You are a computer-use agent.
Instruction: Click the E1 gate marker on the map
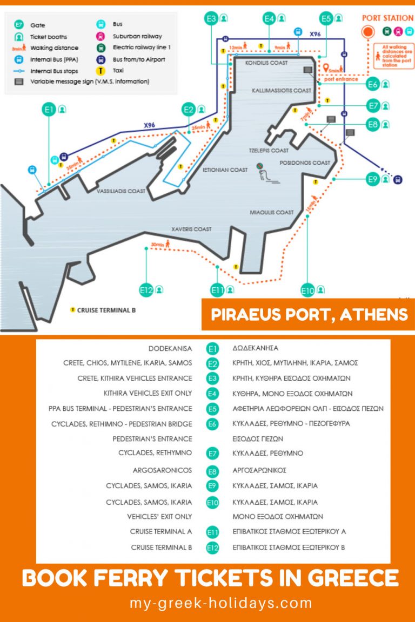pyautogui.click(x=49, y=110)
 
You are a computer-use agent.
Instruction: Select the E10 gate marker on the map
pyautogui.click(x=307, y=290)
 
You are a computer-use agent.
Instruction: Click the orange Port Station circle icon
pyautogui.click(x=368, y=31)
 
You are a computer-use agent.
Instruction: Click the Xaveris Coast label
pyautogui.click(x=191, y=229)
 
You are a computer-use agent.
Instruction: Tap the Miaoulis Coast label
pyautogui.click(x=272, y=212)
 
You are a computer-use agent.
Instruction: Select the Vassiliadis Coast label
pyautogui.click(x=121, y=191)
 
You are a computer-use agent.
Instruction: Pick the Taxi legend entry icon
pyautogui.click(x=101, y=70)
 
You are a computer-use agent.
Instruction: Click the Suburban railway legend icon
pyautogui.click(x=101, y=37)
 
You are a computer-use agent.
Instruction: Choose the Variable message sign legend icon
pyautogui.click(x=19, y=82)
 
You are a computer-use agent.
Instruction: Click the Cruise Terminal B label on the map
pyautogui.click(x=106, y=310)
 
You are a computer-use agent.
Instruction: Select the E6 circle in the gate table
pyautogui.click(x=213, y=424)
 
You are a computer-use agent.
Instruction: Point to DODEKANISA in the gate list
pyautogui.click(x=170, y=348)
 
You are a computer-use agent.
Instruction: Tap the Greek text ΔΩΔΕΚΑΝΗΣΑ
pyautogui.click(x=256, y=348)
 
